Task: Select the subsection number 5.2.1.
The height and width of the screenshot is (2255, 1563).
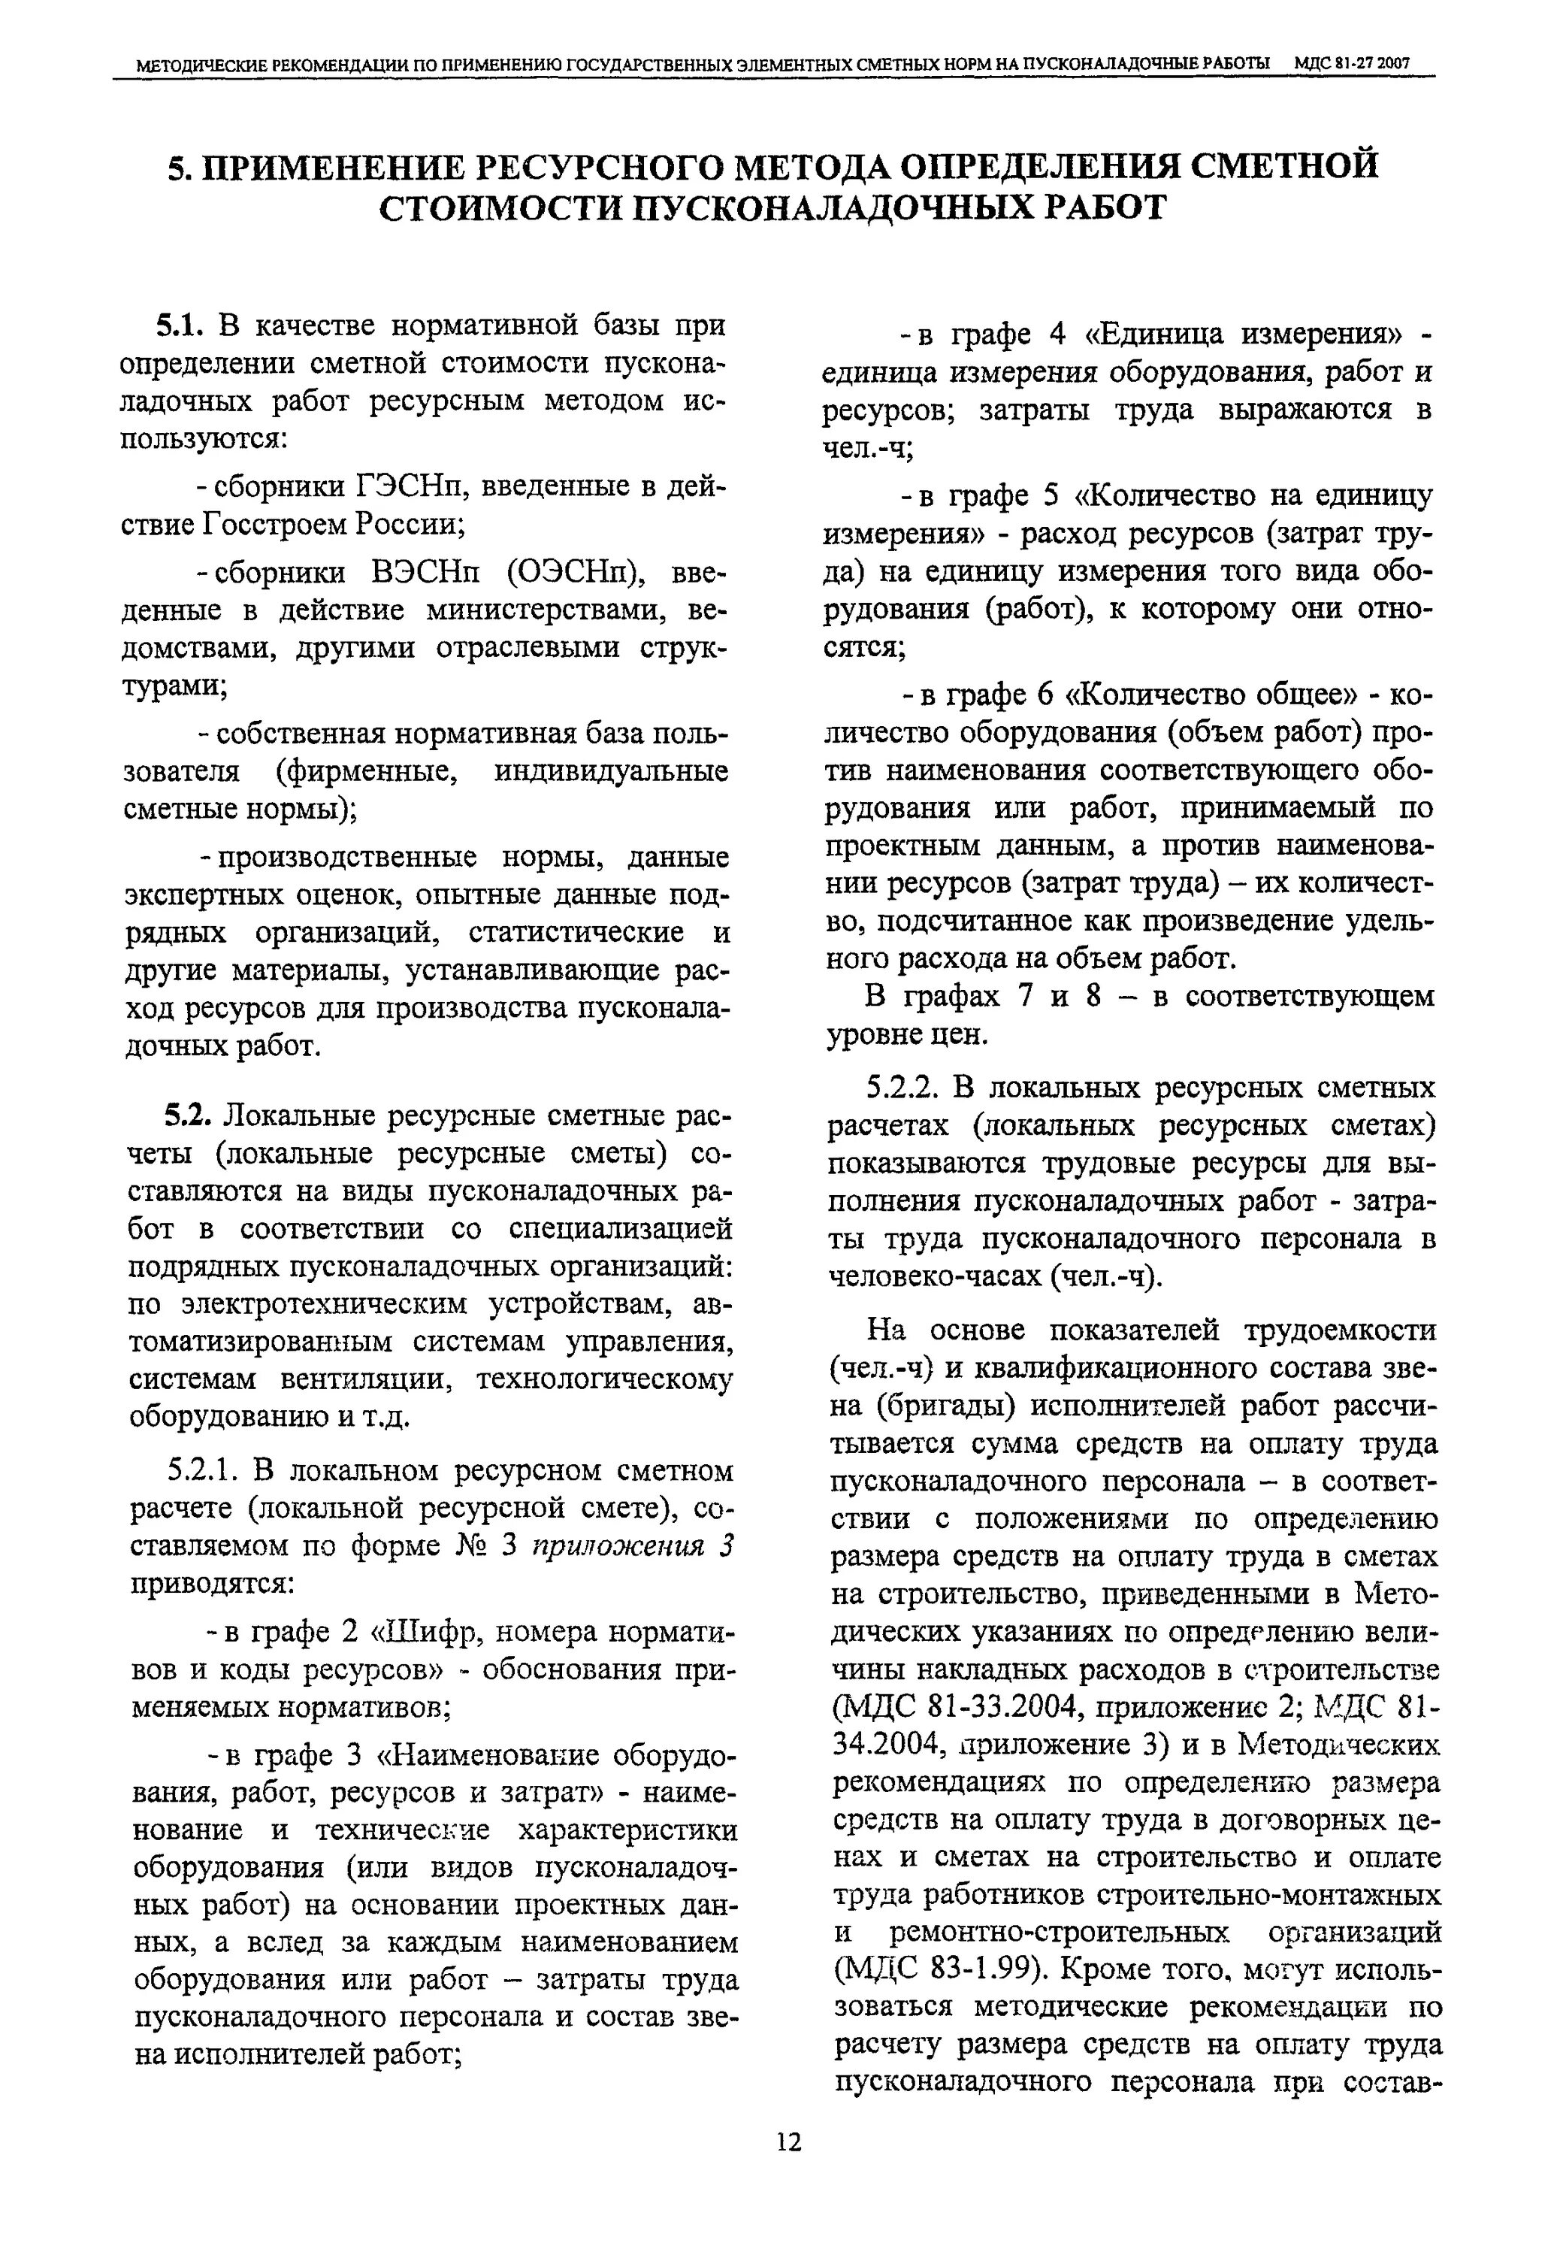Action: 201,1471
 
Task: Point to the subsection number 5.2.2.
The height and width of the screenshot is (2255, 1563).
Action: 902,1088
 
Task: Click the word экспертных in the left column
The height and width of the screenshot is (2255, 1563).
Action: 204,895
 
